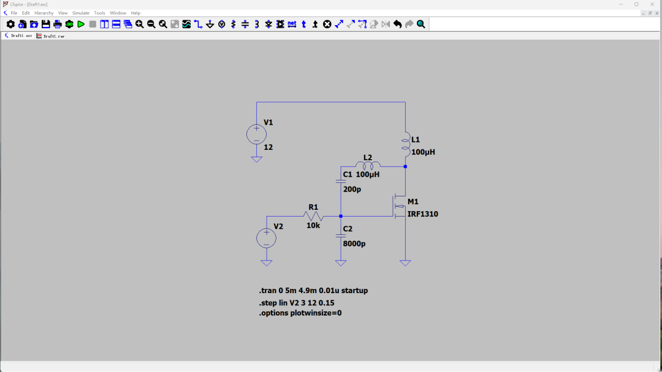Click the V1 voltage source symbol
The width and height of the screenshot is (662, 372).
[x=256, y=135]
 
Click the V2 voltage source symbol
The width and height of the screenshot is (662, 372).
[x=267, y=238]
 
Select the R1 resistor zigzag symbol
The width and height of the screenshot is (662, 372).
[x=313, y=216]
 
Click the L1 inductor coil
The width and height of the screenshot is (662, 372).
[x=406, y=144]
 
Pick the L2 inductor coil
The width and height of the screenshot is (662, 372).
[x=368, y=166]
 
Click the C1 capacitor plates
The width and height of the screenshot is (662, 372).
[x=341, y=182]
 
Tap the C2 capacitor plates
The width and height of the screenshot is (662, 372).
[x=341, y=236]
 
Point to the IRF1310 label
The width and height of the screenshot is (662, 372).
[x=422, y=214]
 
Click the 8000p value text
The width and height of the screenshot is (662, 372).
[x=354, y=244]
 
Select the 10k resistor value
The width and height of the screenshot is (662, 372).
[x=313, y=225]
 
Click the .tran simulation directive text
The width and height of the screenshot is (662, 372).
[x=313, y=290]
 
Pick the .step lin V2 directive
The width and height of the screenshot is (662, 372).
[x=297, y=302]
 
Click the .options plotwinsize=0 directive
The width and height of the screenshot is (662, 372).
[x=300, y=313]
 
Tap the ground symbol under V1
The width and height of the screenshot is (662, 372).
[x=256, y=159]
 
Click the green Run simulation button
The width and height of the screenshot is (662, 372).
[x=81, y=24]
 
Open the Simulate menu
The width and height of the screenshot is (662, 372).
[x=81, y=13]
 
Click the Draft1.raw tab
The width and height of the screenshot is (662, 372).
[x=51, y=36]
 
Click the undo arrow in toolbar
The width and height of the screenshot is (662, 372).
[x=397, y=24]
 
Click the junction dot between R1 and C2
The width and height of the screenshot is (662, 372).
[x=341, y=216]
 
